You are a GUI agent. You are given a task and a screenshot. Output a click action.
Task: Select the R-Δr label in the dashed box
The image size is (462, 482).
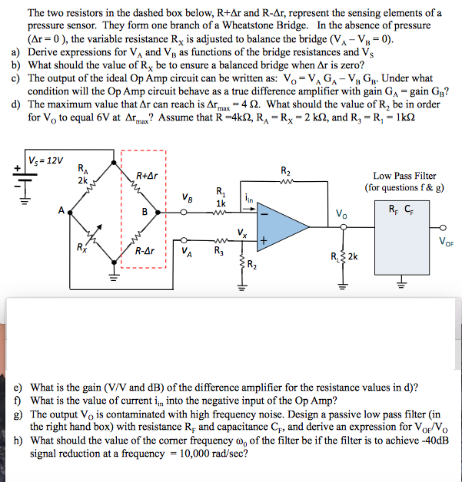click(x=148, y=250)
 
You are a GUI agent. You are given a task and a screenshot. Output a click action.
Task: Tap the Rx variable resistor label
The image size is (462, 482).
click(x=81, y=247)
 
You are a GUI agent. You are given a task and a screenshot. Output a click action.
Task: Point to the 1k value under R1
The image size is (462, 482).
click(x=221, y=203)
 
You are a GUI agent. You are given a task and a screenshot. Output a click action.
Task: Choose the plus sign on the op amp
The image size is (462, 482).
click(x=264, y=240)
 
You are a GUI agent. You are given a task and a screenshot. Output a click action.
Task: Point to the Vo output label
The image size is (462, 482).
click(x=342, y=213)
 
